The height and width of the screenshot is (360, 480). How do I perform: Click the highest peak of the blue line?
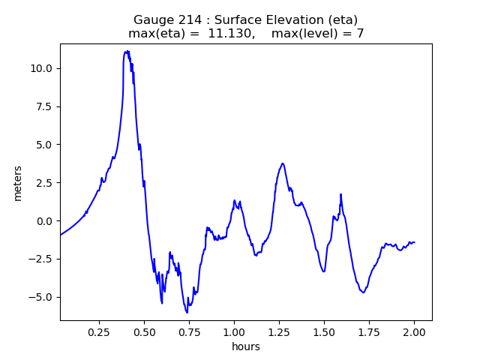[x=127, y=51]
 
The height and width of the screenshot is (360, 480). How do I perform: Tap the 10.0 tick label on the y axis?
[x=41, y=68]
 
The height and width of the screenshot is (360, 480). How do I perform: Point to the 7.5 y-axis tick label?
[x=44, y=106]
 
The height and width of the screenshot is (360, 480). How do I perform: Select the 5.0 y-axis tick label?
[x=44, y=145]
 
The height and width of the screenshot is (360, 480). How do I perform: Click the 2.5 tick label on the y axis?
[x=44, y=183]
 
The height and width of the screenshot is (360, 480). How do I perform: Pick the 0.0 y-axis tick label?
[x=44, y=221]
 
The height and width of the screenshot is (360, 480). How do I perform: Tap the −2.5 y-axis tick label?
[x=40, y=259]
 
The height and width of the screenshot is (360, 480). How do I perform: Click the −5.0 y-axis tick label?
[x=40, y=298]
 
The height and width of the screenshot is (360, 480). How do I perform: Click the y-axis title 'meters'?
[x=18, y=183]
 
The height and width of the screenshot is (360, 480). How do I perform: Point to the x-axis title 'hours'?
[x=246, y=346]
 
